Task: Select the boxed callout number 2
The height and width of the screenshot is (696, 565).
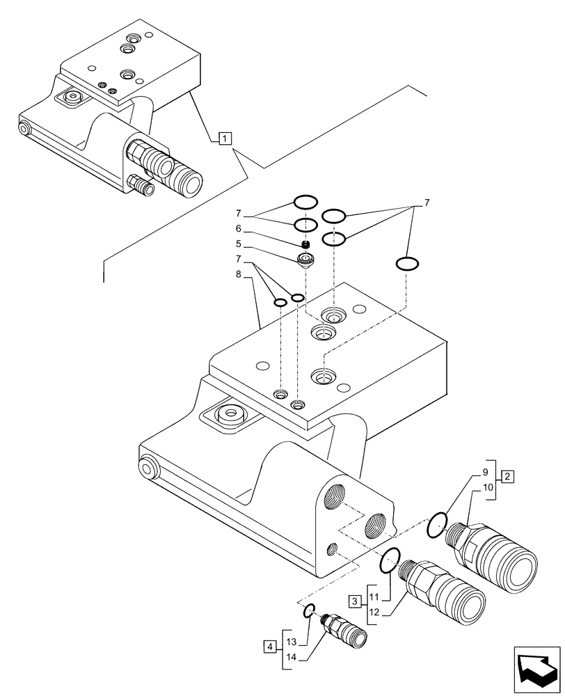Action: point(508,477)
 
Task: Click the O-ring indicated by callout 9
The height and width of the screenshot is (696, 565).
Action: point(436,525)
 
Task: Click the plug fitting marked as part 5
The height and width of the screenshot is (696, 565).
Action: point(305,261)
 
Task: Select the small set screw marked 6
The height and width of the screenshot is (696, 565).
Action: point(305,244)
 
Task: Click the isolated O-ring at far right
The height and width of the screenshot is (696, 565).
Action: point(406,264)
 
